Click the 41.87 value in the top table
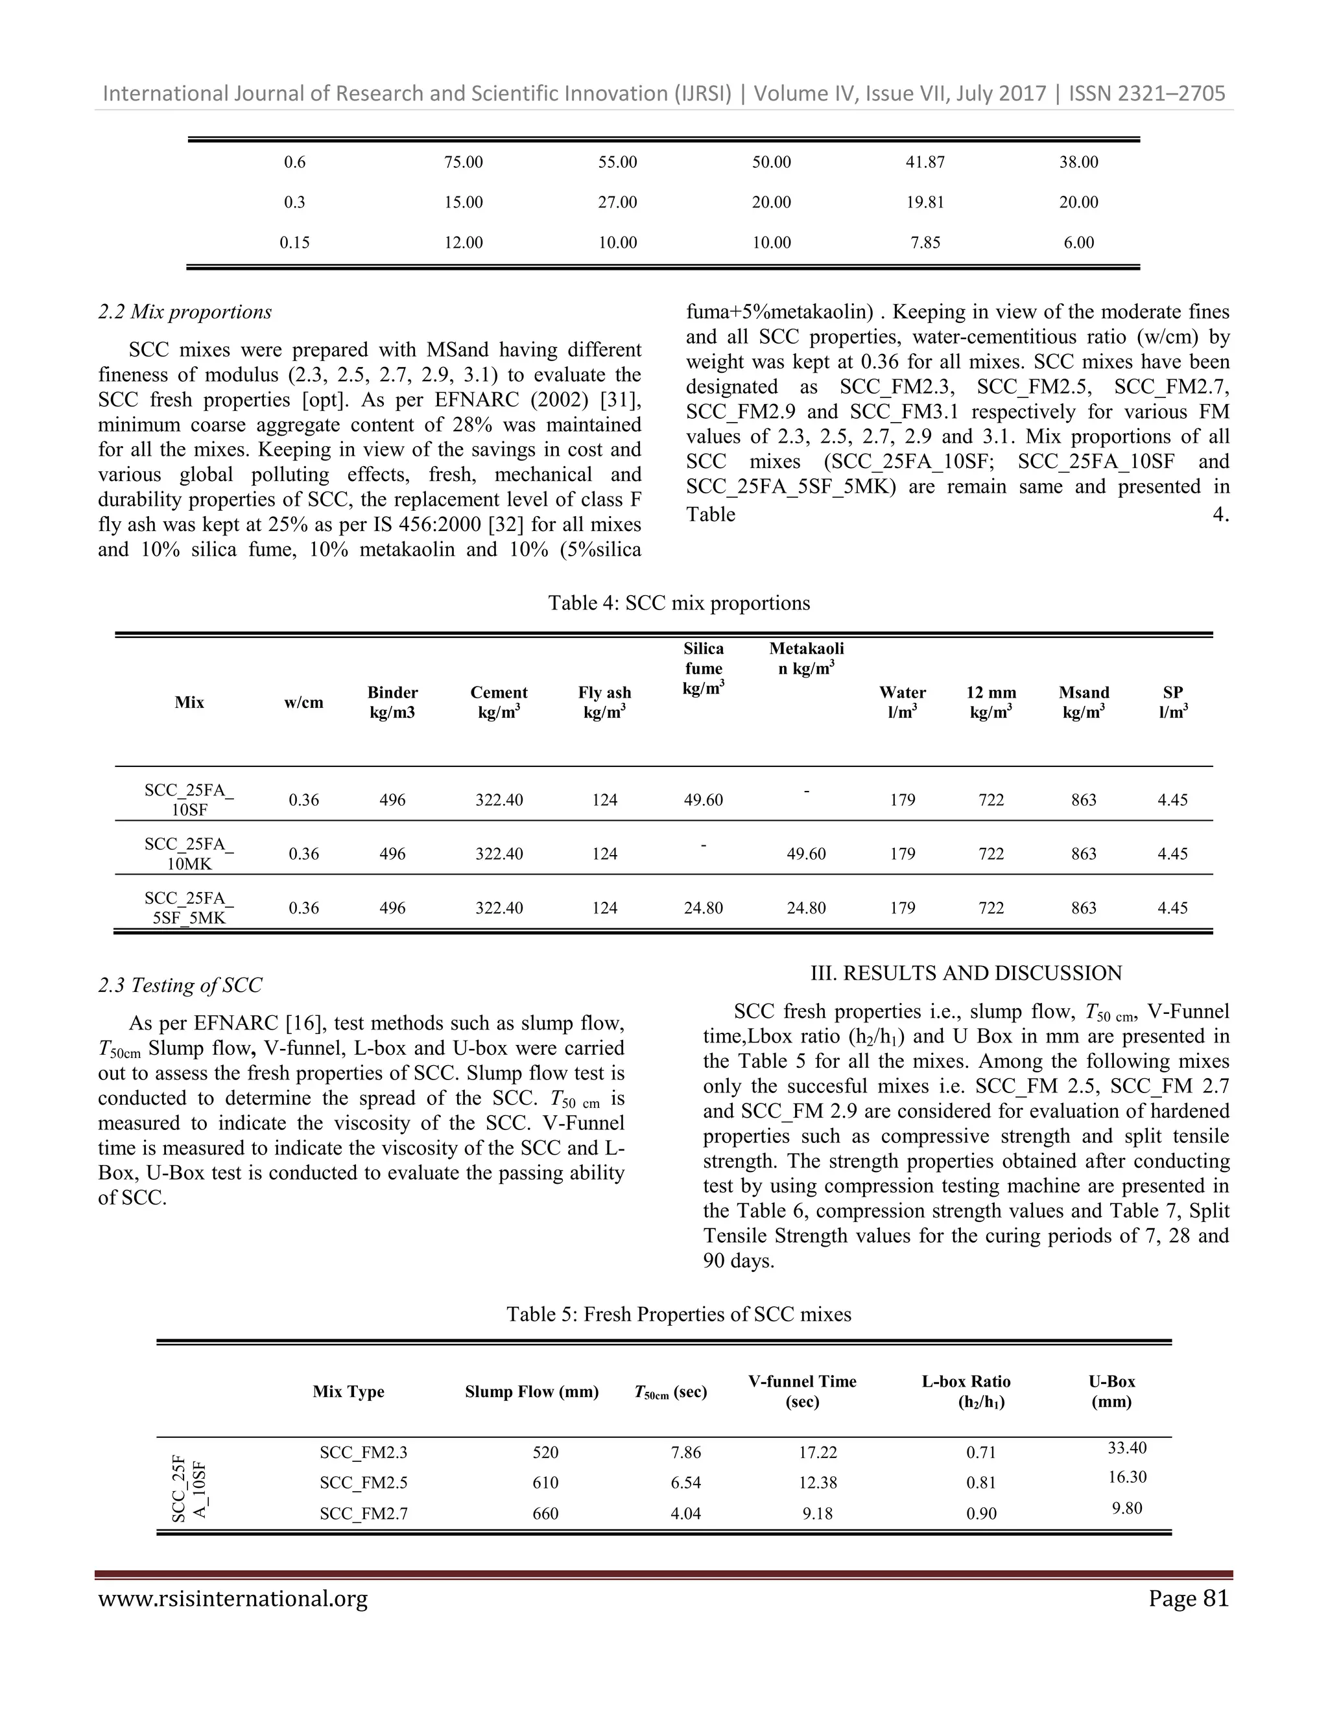925,162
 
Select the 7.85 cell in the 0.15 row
925,242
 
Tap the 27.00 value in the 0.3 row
617,202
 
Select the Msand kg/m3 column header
1084,701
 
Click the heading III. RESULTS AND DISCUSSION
966,973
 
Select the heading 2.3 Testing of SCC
180,985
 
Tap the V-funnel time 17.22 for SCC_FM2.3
818,1452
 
